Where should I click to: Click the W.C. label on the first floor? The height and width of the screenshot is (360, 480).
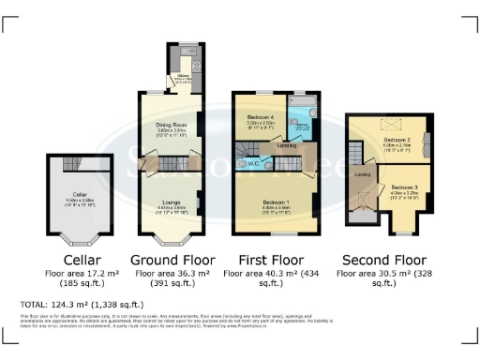click(x=254, y=164)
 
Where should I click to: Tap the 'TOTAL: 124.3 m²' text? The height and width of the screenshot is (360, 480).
click(x=81, y=305)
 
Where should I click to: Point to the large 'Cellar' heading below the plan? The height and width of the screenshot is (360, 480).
click(x=75, y=259)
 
